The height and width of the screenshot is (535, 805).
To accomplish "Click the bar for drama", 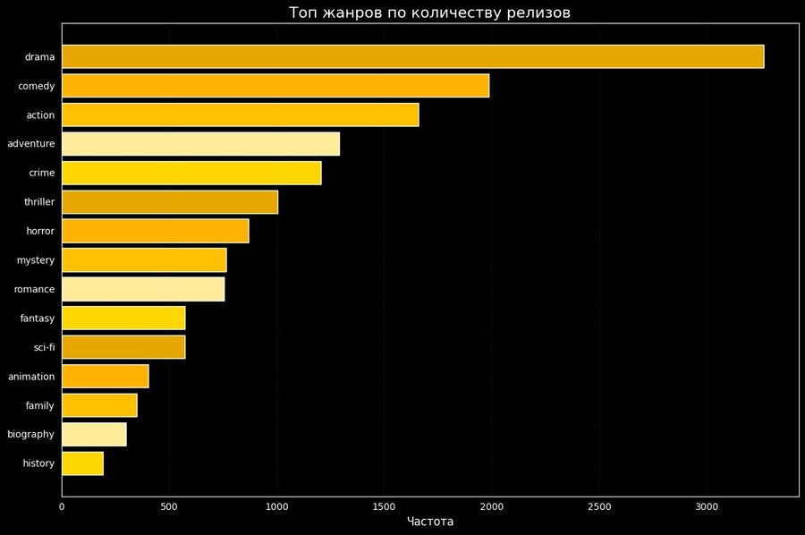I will [412, 56].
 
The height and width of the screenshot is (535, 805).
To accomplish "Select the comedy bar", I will [275, 86].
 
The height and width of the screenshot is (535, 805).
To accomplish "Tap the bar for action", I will [240, 115].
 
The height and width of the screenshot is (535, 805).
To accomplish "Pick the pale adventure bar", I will [200, 144].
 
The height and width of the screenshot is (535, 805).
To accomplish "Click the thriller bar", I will [170, 202].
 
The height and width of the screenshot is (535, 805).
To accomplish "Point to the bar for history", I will [82, 463].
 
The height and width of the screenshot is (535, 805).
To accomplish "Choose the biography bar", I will [94, 434].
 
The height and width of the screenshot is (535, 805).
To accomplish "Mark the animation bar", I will [105, 377].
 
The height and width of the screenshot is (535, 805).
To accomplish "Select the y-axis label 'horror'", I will [40, 231].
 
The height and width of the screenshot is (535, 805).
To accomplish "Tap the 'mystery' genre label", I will [36, 260].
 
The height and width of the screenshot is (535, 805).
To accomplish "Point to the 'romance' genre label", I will [34, 289].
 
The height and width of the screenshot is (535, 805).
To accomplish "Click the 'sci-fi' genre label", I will [43, 347].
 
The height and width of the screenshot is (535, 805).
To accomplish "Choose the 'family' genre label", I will [40, 405].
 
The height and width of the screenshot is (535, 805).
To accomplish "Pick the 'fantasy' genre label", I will [38, 318].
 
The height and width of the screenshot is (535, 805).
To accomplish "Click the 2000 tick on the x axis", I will [491, 506].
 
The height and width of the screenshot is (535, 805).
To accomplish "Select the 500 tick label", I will [169, 506].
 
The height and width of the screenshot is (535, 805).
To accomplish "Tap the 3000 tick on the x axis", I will [706, 506].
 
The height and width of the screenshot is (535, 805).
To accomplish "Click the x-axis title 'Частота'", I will [430, 522].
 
